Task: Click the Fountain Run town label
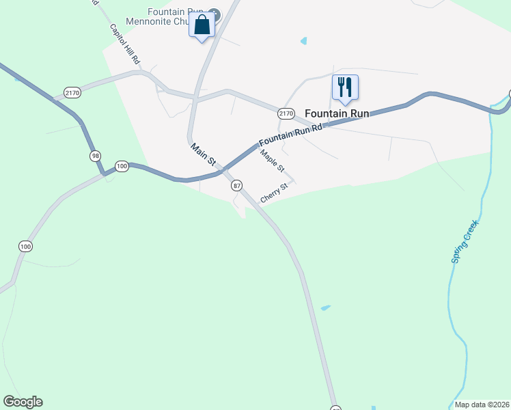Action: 337,113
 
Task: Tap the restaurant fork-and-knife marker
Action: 345,88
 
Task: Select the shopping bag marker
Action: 202,26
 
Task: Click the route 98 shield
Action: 95,156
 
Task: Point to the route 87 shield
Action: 237,185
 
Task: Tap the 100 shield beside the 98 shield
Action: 122,166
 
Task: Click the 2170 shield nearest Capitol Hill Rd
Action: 72,92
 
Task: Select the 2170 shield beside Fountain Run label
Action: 286,113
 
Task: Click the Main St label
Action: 204,155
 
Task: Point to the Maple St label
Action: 272,161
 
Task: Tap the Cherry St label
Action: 273,191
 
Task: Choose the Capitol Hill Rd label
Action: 125,45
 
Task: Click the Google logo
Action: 23,402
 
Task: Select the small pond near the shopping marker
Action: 303,41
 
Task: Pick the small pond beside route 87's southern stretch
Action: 326,307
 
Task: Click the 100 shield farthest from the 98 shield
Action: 26,246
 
